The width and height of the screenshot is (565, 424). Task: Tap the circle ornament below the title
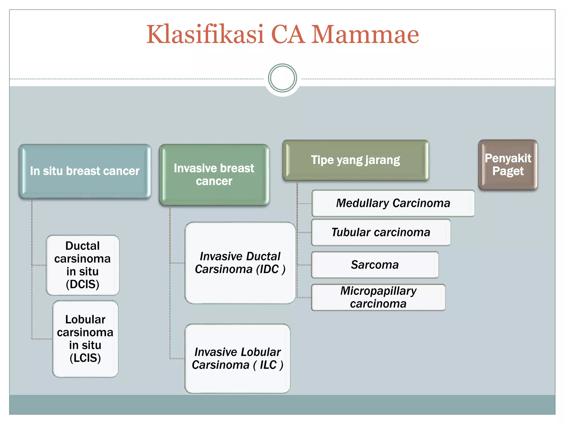click(x=282, y=78)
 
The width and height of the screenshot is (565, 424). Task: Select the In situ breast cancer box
click(x=85, y=171)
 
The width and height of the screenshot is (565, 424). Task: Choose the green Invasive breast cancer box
click(x=214, y=174)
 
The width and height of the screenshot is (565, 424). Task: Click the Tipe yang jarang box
click(x=355, y=160)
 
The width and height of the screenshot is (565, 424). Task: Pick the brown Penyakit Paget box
click(x=508, y=165)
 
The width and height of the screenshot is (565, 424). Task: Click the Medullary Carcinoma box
click(x=393, y=203)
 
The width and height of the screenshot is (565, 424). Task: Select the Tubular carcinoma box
click(x=381, y=232)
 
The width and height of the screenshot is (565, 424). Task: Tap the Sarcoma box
click(x=375, y=265)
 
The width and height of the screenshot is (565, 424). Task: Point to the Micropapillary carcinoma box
click(x=378, y=297)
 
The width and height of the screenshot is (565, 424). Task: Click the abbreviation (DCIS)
click(x=82, y=284)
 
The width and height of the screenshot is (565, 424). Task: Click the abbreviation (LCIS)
click(x=85, y=358)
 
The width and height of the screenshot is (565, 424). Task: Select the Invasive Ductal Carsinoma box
click(x=240, y=263)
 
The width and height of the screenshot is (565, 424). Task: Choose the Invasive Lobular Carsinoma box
click(x=238, y=358)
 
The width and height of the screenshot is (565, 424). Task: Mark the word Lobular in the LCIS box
click(x=85, y=319)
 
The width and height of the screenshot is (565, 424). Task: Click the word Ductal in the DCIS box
click(x=82, y=246)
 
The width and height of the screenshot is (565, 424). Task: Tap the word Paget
click(x=508, y=171)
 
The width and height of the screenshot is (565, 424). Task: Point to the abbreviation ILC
click(x=268, y=365)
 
